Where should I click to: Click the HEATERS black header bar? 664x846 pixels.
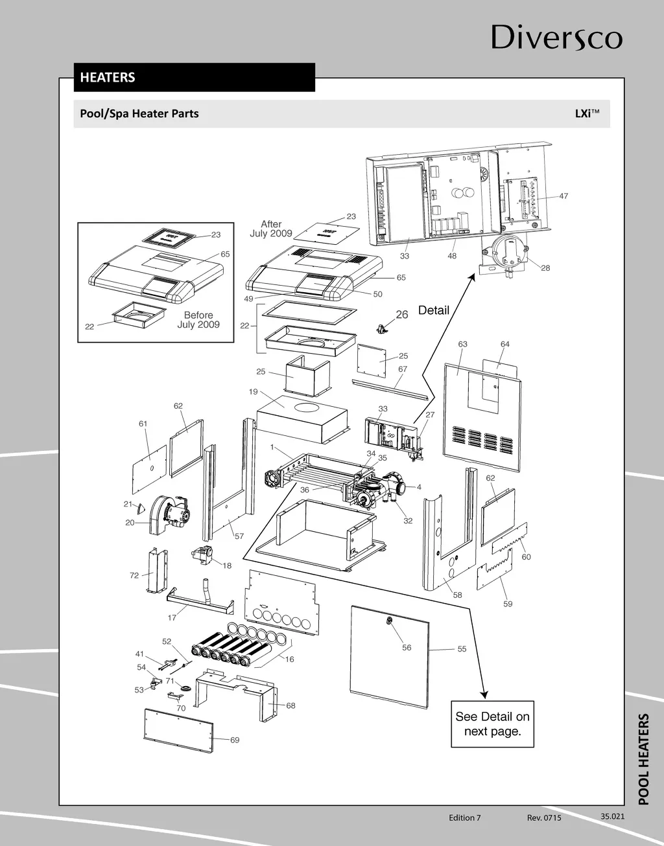tap(194, 77)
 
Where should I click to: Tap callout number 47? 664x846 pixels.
tap(563, 196)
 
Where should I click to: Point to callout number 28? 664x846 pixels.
tap(545, 268)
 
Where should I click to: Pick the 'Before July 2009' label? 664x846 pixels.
tap(198, 320)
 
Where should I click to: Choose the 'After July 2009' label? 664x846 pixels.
tap(271, 229)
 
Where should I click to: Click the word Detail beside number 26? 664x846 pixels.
tap(433, 310)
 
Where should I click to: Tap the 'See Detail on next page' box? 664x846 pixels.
tap(492, 724)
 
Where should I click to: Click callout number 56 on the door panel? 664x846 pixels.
tap(407, 647)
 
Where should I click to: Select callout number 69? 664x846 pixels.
tap(235, 740)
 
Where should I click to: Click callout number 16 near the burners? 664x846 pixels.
tap(289, 659)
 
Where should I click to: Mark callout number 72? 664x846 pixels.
tap(134, 575)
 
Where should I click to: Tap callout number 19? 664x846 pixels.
tap(253, 391)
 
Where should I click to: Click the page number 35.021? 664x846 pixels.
tap(612, 816)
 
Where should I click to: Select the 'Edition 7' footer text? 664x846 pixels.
tap(465, 817)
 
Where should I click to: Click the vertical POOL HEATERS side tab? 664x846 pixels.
tap(643, 759)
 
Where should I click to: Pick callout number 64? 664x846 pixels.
tap(505, 344)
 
